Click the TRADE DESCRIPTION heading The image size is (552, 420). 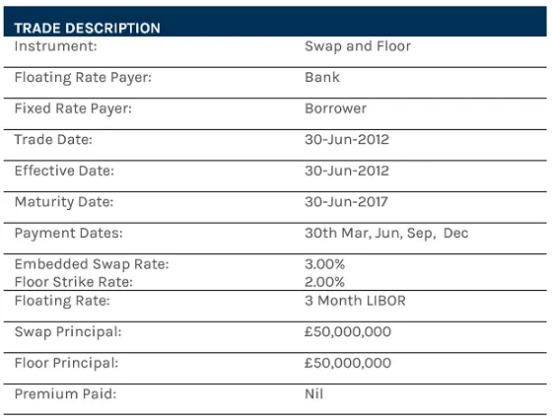click(87, 29)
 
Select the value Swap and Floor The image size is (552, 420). click(358, 45)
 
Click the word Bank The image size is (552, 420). click(322, 77)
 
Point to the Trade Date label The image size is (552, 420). click(53, 139)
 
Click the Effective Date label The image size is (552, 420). click(64, 171)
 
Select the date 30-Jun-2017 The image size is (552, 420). click(347, 202)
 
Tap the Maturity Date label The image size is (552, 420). click(64, 202)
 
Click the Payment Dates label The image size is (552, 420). click(68, 234)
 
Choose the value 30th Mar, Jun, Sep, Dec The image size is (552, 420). click(387, 234)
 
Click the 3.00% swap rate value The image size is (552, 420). click(325, 264)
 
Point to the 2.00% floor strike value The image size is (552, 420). click(325, 281)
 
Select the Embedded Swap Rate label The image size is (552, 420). click(91, 264)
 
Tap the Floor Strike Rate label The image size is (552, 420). click(73, 281)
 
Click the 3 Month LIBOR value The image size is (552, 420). click(355, 301)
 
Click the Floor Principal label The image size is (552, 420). click(66, 363)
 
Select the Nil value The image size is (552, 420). click(314, 394)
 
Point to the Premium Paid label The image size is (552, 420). click(64, 394)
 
